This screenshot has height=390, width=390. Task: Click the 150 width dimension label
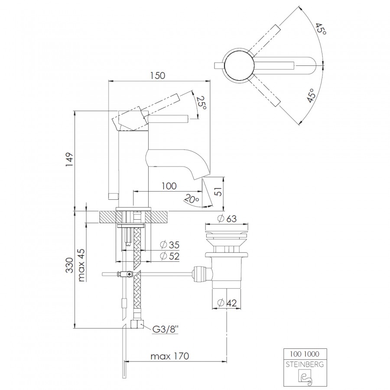(x=158, y=75)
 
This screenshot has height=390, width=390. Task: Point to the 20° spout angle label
(x=192, y=198)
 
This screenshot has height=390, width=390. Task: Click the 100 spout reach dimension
(x=169, y=186)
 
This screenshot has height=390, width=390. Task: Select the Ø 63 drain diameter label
(x=227, y=219)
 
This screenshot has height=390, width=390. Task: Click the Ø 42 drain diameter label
(x=227, y=303)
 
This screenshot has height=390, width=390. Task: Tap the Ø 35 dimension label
(x=170, y=245)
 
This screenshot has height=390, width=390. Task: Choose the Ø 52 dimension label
(x=170, y=256)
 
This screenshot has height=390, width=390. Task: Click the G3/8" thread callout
(x=166, y=329)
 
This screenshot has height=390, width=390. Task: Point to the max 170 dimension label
(x=170, y=356)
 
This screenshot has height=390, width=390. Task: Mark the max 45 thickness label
(x=81, y=265)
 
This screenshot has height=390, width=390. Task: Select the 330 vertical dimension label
(x=70, y=265)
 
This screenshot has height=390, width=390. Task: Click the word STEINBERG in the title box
(x=305, y=364)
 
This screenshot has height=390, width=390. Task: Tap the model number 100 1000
(x=305, y=354)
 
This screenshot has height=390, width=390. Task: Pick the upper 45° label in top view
(x=320, y=29)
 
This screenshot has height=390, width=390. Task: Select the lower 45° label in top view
(x=311, y=95)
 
